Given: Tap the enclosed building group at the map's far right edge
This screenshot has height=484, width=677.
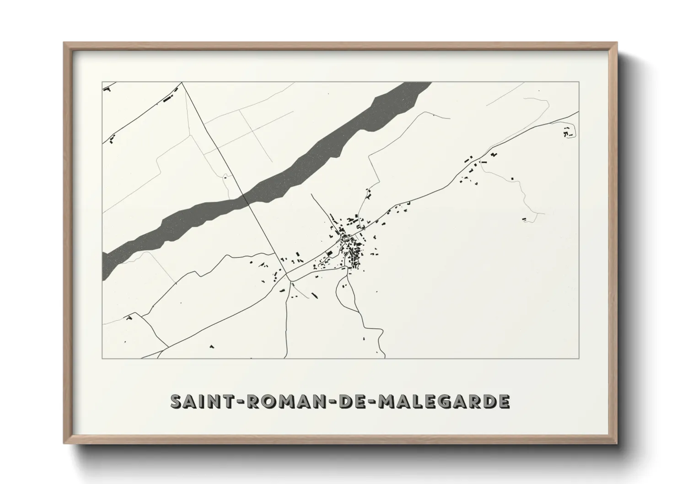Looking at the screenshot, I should coord(569,133).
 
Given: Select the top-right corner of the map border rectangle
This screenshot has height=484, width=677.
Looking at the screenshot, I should coord(579,82).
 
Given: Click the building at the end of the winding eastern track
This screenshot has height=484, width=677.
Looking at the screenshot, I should coord(524,220).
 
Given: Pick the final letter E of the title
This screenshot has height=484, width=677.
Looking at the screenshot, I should coord(504,401).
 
